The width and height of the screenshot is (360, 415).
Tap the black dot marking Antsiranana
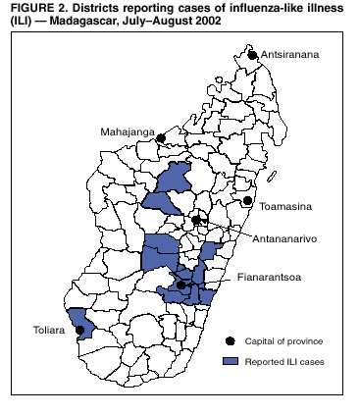coord(252,55)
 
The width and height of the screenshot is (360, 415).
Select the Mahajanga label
coord(127,130)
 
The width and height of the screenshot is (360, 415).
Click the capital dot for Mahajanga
coord(161,138)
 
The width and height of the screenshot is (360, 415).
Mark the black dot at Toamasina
coord(249,201)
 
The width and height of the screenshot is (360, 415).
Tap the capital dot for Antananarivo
coord(196,221)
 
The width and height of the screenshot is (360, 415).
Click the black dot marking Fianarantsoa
coord(181,285)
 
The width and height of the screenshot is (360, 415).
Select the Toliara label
coord(37,331)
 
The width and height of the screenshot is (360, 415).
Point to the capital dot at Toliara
coord(76,331)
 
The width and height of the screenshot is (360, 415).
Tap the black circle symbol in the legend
coord(230,340)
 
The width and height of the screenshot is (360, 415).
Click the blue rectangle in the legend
coord(230,361)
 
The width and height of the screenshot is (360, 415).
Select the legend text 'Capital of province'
coord(284,340)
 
